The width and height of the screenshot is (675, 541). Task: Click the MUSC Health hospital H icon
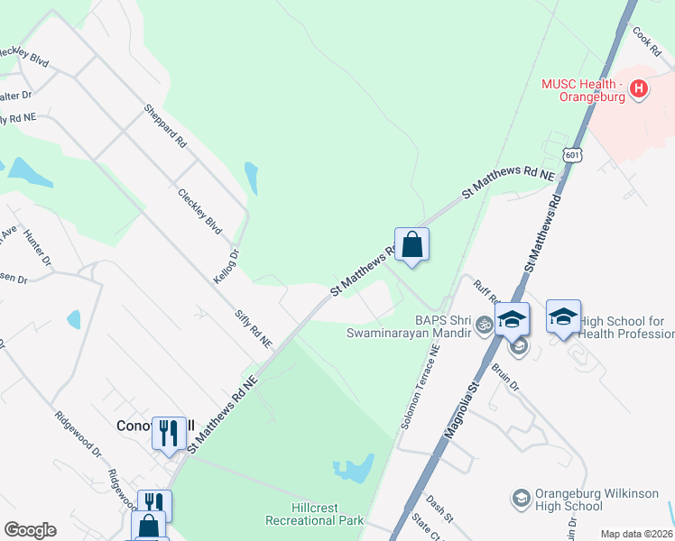pos(639,88)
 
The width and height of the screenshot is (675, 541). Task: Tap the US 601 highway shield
pos(572,154)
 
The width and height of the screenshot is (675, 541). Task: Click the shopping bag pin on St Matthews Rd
pos(411,244)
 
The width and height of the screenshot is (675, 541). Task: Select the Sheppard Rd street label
pos(165,126)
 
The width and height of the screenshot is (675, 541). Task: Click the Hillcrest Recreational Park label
pos(314,514)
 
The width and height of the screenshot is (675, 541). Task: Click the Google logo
pos(30,530)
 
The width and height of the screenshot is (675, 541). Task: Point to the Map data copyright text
pos(637,534)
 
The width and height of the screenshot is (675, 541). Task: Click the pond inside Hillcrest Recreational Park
pos(355,468)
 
